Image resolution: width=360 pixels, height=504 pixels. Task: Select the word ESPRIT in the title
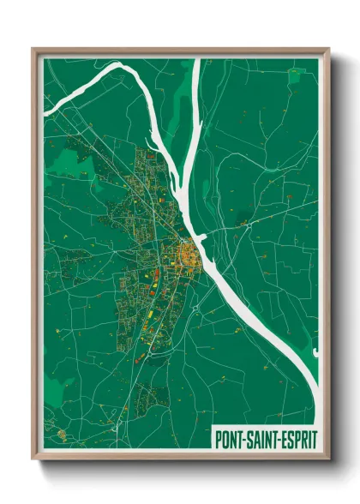tap(297, 438)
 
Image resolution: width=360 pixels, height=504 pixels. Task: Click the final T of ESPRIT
tap(314, 438)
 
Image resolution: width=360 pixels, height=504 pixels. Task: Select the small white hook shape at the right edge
tap(315, 351)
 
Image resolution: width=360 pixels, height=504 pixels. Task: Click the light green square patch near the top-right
tap(297, 76)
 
